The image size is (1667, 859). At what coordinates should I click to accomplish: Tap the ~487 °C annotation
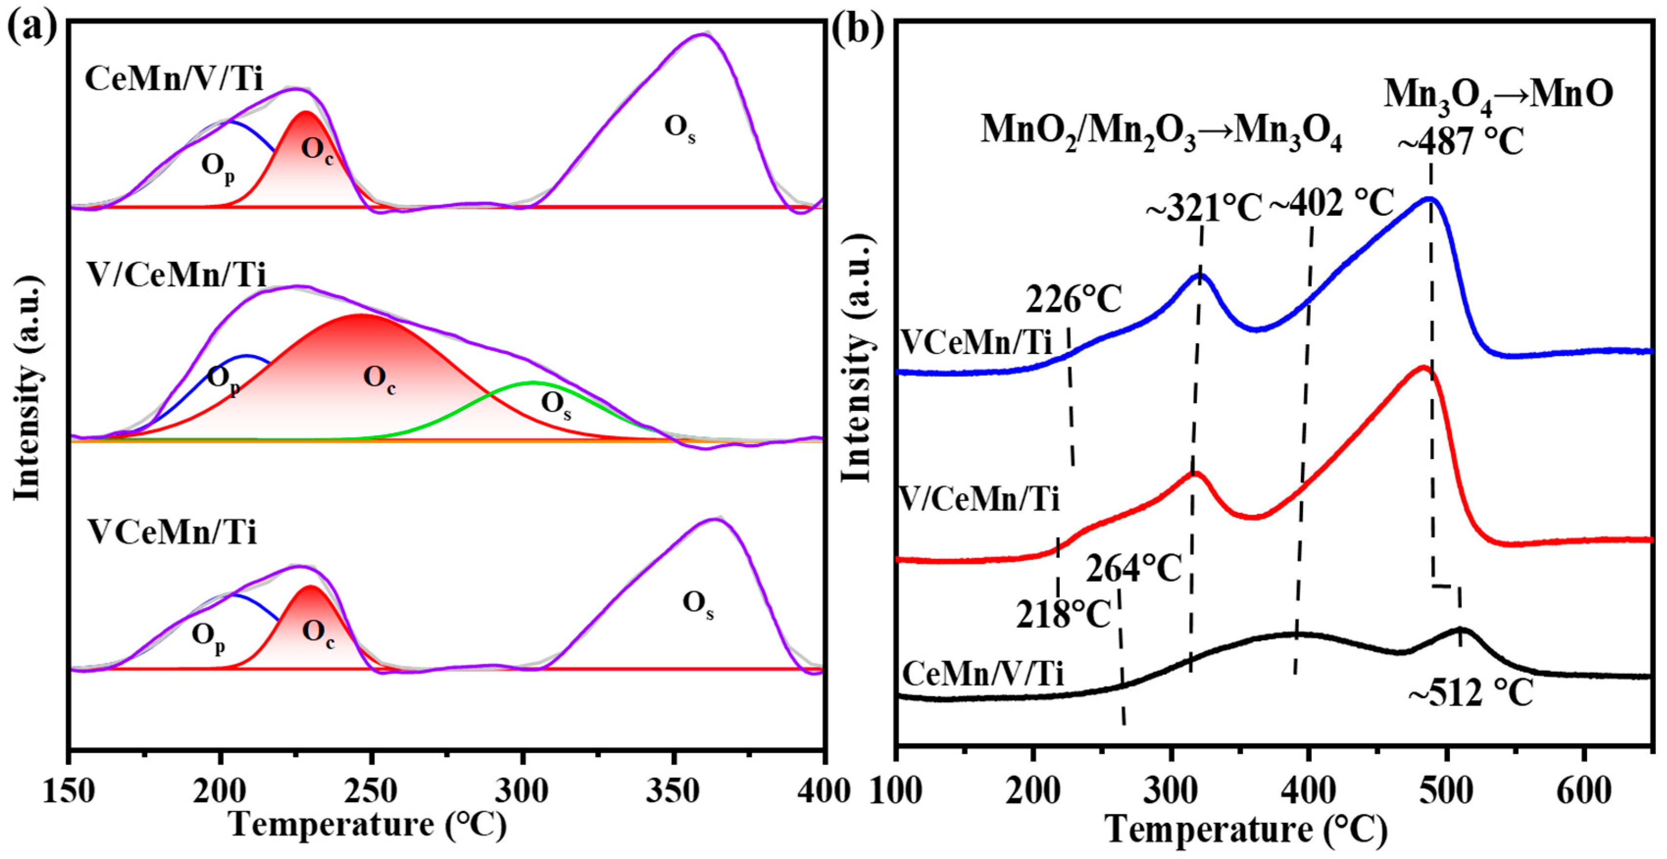[1461, 140]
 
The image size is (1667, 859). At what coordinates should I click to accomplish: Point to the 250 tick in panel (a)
[371, 791]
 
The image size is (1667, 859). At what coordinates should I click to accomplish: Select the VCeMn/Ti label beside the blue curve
[977, 342]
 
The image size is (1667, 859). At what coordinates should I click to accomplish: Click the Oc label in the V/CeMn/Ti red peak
[379, 379]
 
